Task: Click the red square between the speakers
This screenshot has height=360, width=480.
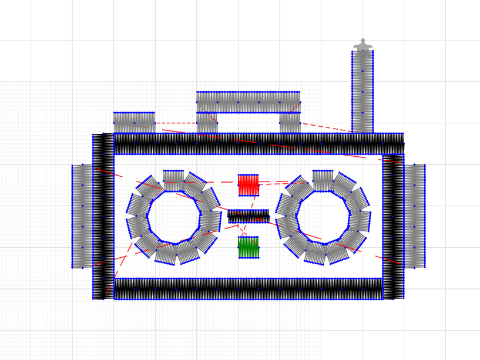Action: click(x=248, y=185)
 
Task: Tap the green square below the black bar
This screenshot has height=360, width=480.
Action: click(x=248, y=247)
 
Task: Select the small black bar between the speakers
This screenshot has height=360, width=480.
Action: click(x=248, y=216)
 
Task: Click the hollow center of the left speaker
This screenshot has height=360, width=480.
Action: click(x=174, y=217)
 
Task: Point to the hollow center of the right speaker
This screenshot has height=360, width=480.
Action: click(x=323, y=217)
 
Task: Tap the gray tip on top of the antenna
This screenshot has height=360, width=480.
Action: click(x=362, y=46)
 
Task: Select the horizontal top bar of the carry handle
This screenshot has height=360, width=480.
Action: click(x=248, y=101)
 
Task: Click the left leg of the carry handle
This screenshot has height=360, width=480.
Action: click(x=207, y=122)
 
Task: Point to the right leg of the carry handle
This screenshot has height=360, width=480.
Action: click(x=289, y=122)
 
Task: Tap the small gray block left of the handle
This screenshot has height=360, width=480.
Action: click(x=134, y=121)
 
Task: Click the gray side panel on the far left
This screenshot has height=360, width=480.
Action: click(x=82, y=216)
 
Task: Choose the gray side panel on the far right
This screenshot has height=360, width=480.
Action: click(x=414, y=216)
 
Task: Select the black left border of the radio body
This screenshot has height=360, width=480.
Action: click(x=103, y=216)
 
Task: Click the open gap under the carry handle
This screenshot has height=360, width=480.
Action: click(x=248, y=122)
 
